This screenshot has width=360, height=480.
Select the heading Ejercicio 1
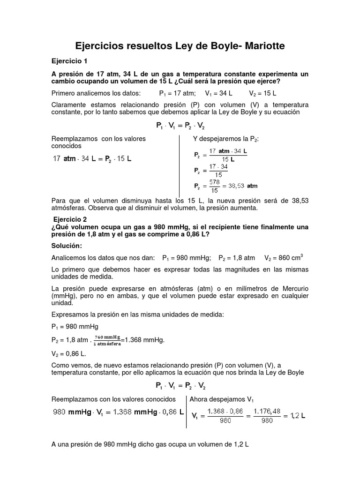pyautogui.click(x=69, y=61)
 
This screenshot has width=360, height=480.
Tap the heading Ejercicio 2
pyautogui.click(x=70, y=219)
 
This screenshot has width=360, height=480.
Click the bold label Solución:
pyautogui.click(x=67, y=246)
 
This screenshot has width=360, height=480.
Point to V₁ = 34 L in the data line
pyautogui.click(x=219, y=93)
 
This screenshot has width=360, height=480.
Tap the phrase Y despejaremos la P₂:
pyautogui.click(x=226, y=139)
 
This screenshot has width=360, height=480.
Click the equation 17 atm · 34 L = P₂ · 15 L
pyautogui.click(x=93, y=158)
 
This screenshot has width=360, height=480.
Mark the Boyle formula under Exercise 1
pyautogui.click(x=180, y=126)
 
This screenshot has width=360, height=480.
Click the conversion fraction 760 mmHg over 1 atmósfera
pyautogui.click(x=107, y=340)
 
